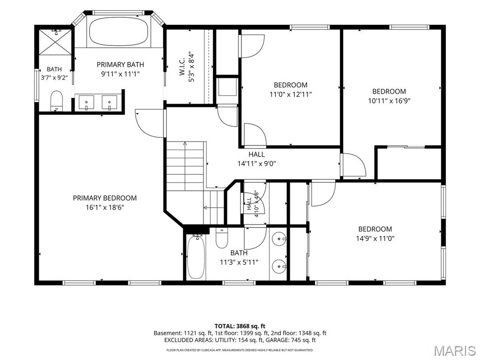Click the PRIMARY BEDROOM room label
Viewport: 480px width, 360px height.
[105, 198]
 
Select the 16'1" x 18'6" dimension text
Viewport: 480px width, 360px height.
[105, 207]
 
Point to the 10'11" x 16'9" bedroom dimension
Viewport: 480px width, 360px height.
[389, 101]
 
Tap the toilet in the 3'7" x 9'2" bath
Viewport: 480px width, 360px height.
[56, 101]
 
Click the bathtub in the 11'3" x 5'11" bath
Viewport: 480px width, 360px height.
[195, 257]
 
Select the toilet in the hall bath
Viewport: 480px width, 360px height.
[222, 238]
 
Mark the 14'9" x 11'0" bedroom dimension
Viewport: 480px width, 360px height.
[375, 239]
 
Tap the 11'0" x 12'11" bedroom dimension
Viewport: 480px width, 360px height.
[291, 94]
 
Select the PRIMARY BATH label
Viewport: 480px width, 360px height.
[120, 65]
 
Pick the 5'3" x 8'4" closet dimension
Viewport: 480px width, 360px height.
[192, 67]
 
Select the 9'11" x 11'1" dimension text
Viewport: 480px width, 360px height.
[120, 74]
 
